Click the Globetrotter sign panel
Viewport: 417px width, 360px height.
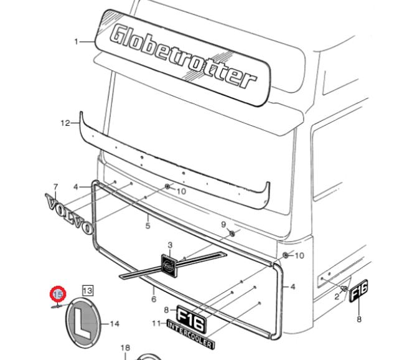(183, 57)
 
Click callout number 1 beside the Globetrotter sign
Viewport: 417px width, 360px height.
(77, 42)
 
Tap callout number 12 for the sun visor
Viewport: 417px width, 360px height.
(65, 123)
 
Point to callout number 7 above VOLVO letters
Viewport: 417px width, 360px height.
(55, 187)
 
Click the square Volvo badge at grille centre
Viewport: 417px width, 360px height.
(169, 264)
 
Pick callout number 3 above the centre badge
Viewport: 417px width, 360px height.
(170, 245)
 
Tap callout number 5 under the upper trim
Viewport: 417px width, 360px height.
(148, 225)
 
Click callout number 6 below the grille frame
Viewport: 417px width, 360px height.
(154, 299)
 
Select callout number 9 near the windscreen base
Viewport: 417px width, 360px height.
(223, 225)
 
